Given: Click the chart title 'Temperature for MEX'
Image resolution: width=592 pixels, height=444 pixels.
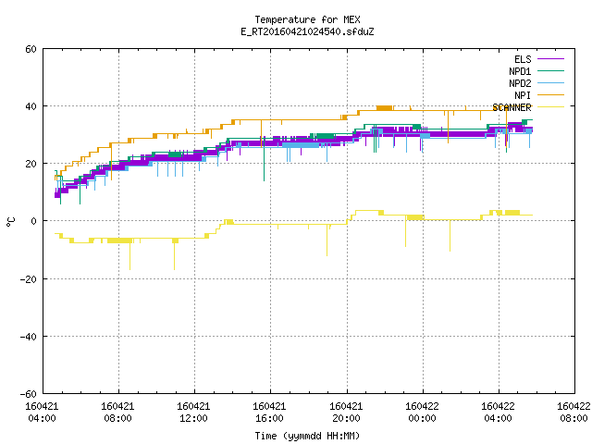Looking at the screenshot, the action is [x=307, y=19].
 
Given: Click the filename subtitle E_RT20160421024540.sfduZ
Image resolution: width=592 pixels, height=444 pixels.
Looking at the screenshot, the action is [x=307, y=31].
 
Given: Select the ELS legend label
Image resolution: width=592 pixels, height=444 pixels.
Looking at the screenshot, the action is [x=523, y=59].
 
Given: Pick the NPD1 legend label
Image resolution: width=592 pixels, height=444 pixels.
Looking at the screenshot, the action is [x=520, y=71].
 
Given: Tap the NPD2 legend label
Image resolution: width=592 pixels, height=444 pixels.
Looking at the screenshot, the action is [x=520, y=83].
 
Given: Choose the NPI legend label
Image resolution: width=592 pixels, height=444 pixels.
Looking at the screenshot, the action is [x=523, y=95].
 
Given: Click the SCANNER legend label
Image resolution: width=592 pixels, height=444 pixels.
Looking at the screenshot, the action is [x=512, y=107].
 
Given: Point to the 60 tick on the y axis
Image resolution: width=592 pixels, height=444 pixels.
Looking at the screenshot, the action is [x=31, y=49].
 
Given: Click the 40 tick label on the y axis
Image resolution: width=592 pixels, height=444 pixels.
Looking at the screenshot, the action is [x=31, y=106].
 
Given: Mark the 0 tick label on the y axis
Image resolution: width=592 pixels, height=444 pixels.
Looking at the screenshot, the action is [x=34, y=221].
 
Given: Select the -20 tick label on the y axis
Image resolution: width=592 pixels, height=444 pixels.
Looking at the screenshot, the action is [x=29, y=279].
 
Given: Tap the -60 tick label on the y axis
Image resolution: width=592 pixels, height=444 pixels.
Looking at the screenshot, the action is [x=29, y=394].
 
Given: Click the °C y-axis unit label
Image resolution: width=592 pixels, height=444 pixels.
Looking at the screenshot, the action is [x=11, y=222].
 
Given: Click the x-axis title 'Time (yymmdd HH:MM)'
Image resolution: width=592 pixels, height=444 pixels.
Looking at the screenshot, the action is [x=307, y=436].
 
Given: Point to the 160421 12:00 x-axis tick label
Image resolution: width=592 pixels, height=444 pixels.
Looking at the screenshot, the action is [x=193, y=413].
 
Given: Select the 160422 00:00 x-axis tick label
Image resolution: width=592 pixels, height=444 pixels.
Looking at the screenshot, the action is [x=422, y=413].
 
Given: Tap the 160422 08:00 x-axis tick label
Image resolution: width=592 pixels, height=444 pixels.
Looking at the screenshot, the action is [x=573, y=413].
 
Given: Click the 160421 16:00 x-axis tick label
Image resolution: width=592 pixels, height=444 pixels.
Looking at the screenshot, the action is [x=269, y=413].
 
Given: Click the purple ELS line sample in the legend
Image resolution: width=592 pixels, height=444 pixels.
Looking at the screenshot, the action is [x=550, y=59].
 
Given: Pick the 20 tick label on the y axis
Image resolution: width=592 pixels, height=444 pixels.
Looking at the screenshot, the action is [x=31, y=164].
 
